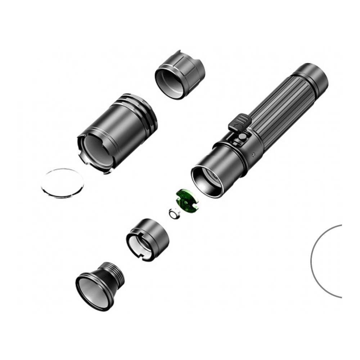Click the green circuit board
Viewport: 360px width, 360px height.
187,201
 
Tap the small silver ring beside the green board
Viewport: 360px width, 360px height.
174,215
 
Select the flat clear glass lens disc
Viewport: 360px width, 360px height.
62,183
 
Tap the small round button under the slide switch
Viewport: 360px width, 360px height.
243,137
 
